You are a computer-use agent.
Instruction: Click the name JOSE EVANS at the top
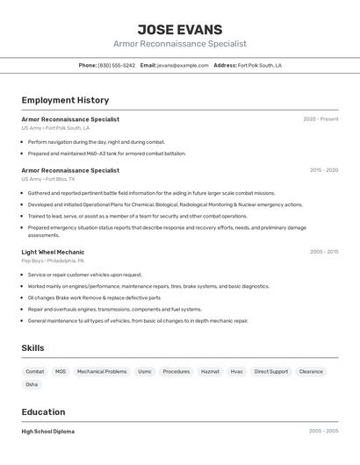coord(180,29)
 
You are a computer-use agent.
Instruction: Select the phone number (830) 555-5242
coord(116,65)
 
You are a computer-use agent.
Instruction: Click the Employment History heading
coord(65,100)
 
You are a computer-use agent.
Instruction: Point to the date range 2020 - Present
coord(320,119)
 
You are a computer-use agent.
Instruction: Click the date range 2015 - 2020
coord(323,170)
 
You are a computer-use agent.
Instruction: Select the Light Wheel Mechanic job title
coord(53,252)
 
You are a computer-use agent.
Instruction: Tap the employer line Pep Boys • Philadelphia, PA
coord(53,261)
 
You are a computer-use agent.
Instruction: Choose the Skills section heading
coord(32,348)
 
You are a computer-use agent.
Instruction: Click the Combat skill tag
coord(35,371)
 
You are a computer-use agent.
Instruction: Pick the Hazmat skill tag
coord(210,371)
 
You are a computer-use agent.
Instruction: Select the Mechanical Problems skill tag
coord(102,371)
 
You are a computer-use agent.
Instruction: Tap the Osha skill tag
coord(32,384)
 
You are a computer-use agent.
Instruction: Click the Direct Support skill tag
coord(271,371)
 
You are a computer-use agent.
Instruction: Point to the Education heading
coord(43,411)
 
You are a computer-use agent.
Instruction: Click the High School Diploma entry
coord(48,432)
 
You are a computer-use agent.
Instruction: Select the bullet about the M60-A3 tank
coord(106,154)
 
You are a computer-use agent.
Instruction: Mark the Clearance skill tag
coord(311,371)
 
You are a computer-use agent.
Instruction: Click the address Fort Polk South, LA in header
coord(260,65)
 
